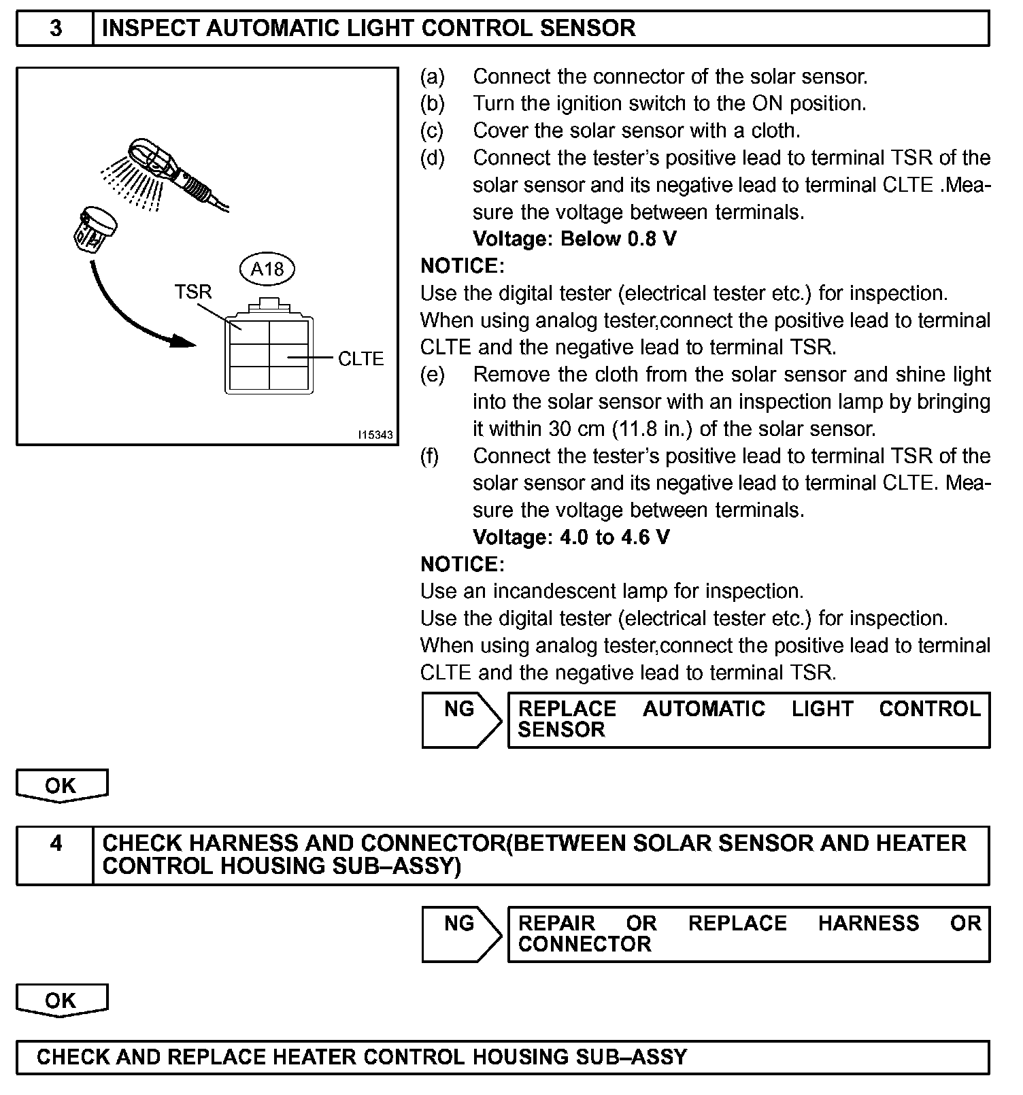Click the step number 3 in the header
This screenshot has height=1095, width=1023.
(56, 29)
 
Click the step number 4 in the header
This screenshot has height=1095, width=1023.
(56, 843)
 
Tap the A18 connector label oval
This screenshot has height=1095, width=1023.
(267, 269)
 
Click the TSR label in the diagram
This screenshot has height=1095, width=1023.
(193, 292)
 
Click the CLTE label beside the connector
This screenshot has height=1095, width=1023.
(360, 358)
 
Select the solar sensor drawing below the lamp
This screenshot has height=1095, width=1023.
(93, 228)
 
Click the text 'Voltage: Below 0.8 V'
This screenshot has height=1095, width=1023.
(575, 239)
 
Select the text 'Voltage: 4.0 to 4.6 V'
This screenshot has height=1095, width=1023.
(571, 537)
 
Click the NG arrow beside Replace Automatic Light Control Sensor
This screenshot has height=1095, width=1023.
(460, 720)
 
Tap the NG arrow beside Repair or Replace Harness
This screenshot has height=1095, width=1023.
(460, 934)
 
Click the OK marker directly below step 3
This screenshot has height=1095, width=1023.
(61, 786)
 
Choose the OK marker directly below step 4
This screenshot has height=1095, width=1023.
(61, 1000)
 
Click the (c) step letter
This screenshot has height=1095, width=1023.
(432, 130)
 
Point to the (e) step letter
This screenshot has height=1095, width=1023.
(432, 374)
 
